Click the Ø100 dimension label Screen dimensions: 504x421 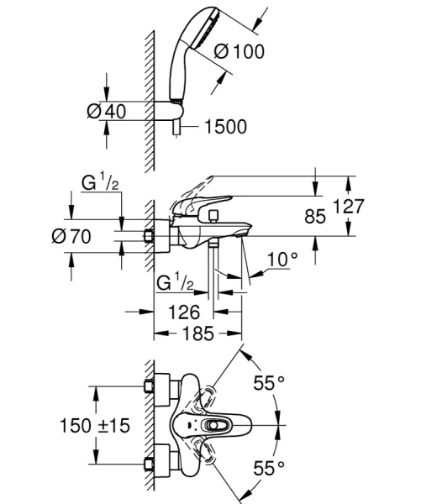(239, 51)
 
